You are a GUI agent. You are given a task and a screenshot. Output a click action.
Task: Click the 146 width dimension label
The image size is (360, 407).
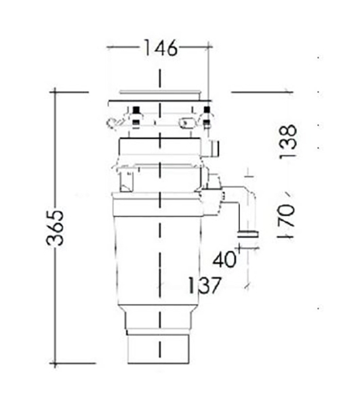click(x=161, y=48)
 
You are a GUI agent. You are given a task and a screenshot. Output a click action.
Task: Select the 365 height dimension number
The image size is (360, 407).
click(x=55, y=228)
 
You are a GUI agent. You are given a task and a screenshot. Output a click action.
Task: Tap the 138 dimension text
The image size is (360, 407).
click(x=287, y=142)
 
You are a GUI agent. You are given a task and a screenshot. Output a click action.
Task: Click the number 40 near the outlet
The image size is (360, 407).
click(x=224, y=260)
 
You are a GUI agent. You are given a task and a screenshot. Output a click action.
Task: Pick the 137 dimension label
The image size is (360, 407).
click(x=204, y=286)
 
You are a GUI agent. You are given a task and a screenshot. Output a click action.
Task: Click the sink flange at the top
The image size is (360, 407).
click(x=159, y=94)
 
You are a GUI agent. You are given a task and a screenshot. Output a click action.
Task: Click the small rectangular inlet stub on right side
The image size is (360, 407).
click(x=213, y=148)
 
